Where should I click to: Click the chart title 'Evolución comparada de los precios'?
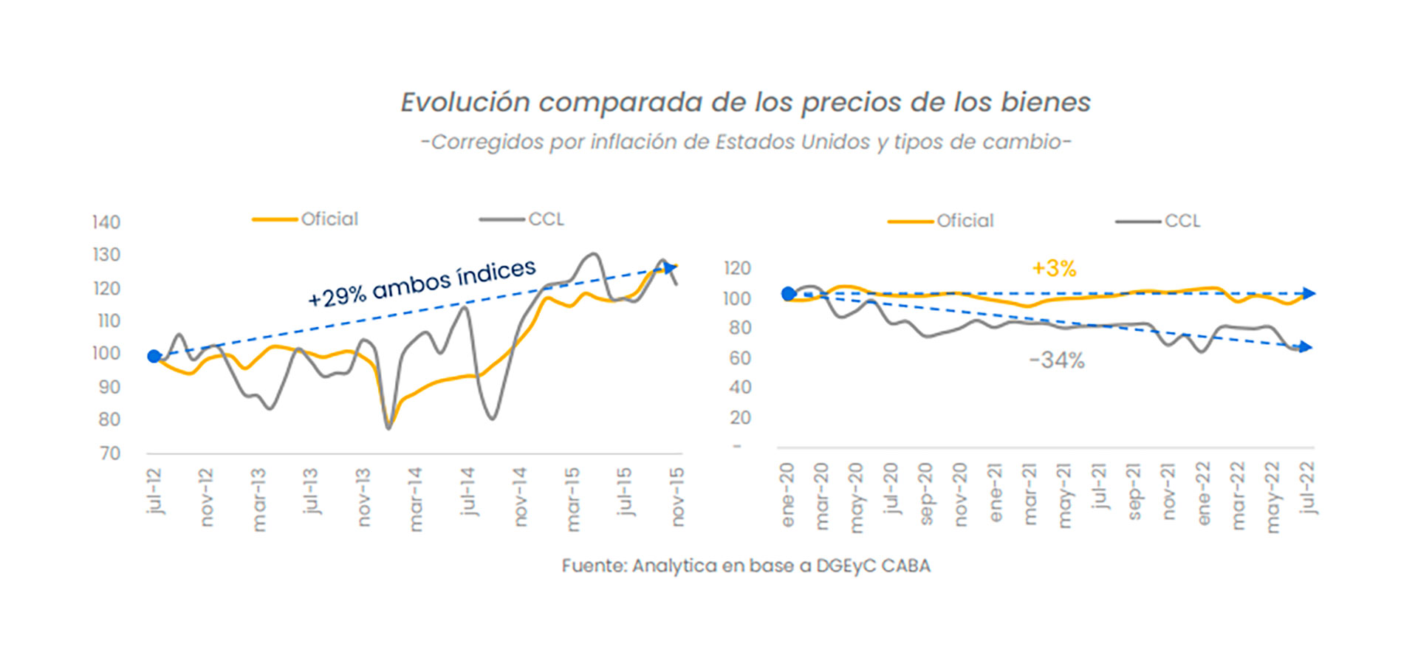(x=745, y=103)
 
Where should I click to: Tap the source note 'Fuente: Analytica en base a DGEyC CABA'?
(x=745, y=566)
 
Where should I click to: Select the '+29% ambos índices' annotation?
(x=422, y=283)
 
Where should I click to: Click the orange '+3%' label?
(x=1054, y=268)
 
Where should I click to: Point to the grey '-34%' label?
(x=1057, y=360)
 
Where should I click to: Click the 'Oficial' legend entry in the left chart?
(x=329, y=219)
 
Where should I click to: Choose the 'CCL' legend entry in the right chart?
(x=1182, y=221)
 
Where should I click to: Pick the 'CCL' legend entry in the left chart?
(x=546, y=219)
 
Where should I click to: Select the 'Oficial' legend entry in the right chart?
(x=965, y=221)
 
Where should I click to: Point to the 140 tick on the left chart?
(x=106, y=222)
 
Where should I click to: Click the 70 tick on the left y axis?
(x=110, y=453)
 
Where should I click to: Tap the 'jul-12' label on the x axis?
(x=154, y=490)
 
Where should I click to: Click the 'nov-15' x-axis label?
(x=677, y=496)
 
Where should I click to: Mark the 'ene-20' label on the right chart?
(x=787, y=495)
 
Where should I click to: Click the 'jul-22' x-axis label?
(x=1308, y=487)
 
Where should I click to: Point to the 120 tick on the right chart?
(x=736, y=268)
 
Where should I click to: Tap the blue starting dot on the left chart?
(x=154, y=357)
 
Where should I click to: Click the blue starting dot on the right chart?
(x=789, y=294)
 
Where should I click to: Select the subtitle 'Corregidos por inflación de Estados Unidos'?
(x=745, y=142)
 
